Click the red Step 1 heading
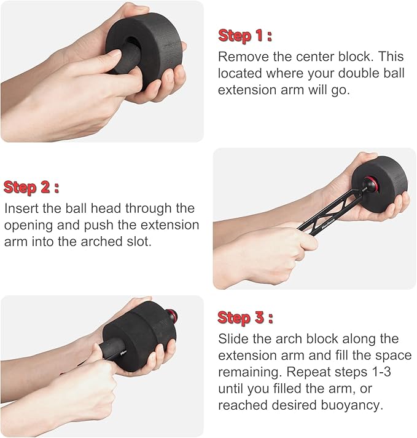point(245,36)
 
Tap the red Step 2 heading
point(31,188)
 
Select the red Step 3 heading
point(245,318)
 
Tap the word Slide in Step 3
point(233,339)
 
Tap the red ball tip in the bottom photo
point(171,315)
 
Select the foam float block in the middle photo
point(380,184)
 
